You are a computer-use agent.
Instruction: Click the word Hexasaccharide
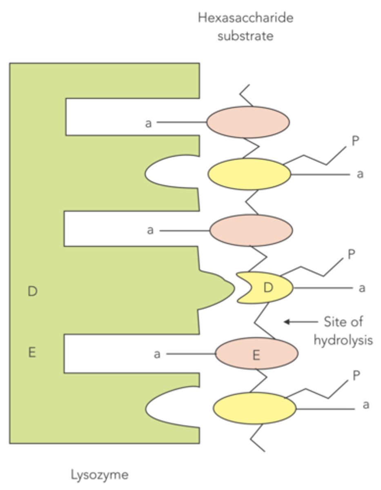[245, 18]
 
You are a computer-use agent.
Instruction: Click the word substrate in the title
[245, 36]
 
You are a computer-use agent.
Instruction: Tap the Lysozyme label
[100, 475]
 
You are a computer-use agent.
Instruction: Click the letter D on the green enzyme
[32, 292]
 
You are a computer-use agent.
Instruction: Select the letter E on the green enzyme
[32, 352]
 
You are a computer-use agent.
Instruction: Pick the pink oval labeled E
[256, 354]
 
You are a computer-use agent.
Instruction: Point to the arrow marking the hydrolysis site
[300, 322]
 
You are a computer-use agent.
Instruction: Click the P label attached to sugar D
[351, 254]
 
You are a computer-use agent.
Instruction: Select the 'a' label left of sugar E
[157, 354]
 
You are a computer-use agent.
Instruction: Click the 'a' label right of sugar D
[361, 288]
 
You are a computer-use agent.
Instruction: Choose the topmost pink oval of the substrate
[248, 122]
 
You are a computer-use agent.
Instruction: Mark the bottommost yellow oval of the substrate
[254, 408]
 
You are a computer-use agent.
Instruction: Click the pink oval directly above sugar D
[251, 230]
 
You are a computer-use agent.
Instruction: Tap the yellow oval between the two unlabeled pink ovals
[249, 174]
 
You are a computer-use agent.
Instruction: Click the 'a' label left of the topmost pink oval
[149, 122]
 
